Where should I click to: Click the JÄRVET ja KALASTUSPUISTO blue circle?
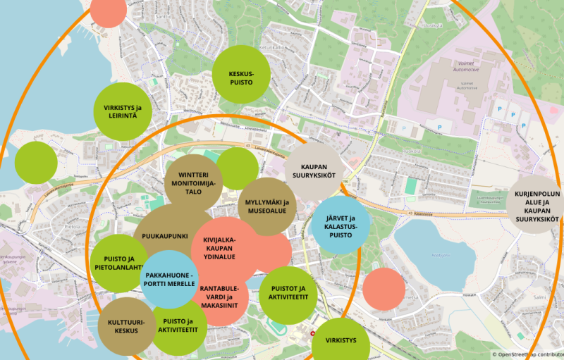click(341, 225)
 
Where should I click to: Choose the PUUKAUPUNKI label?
click(164, 236)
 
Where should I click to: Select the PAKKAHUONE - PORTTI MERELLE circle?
click(169, 279)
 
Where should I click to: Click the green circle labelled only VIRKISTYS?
click(341, 340)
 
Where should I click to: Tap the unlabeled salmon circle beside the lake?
click(384, 289)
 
